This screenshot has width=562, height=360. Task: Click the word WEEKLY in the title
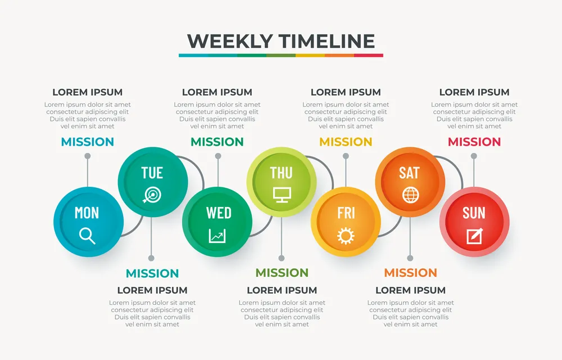pos(230,41)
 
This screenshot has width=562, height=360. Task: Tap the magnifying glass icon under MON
pos(87,236)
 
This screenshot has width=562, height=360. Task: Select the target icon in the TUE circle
pos(152,195)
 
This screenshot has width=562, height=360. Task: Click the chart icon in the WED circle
pos(217,236)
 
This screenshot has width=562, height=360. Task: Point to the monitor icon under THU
pos(282,195)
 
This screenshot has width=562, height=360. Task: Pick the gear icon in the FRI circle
pos(346,236)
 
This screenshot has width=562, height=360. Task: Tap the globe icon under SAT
pos(410,195)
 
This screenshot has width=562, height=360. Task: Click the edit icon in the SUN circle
pos(474,236)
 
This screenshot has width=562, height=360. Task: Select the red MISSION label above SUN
pos(474,142)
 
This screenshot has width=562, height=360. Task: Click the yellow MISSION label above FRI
pos(346,142)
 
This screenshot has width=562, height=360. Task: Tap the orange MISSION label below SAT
pos(410,273)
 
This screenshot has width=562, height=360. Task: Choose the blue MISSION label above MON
pos(88,142)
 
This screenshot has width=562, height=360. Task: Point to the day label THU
pos(282,173)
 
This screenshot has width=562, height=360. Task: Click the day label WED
pos(219,213)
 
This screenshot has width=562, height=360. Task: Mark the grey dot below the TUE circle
pos(151,258)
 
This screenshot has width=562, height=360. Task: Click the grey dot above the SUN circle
pos(474,156)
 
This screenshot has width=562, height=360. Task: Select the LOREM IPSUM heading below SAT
pos(410,290)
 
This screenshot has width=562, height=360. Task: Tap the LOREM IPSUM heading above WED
pos(217,92)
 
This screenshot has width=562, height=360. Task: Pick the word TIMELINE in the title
pos(327,41)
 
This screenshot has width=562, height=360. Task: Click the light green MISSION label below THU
pos(282,273)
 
